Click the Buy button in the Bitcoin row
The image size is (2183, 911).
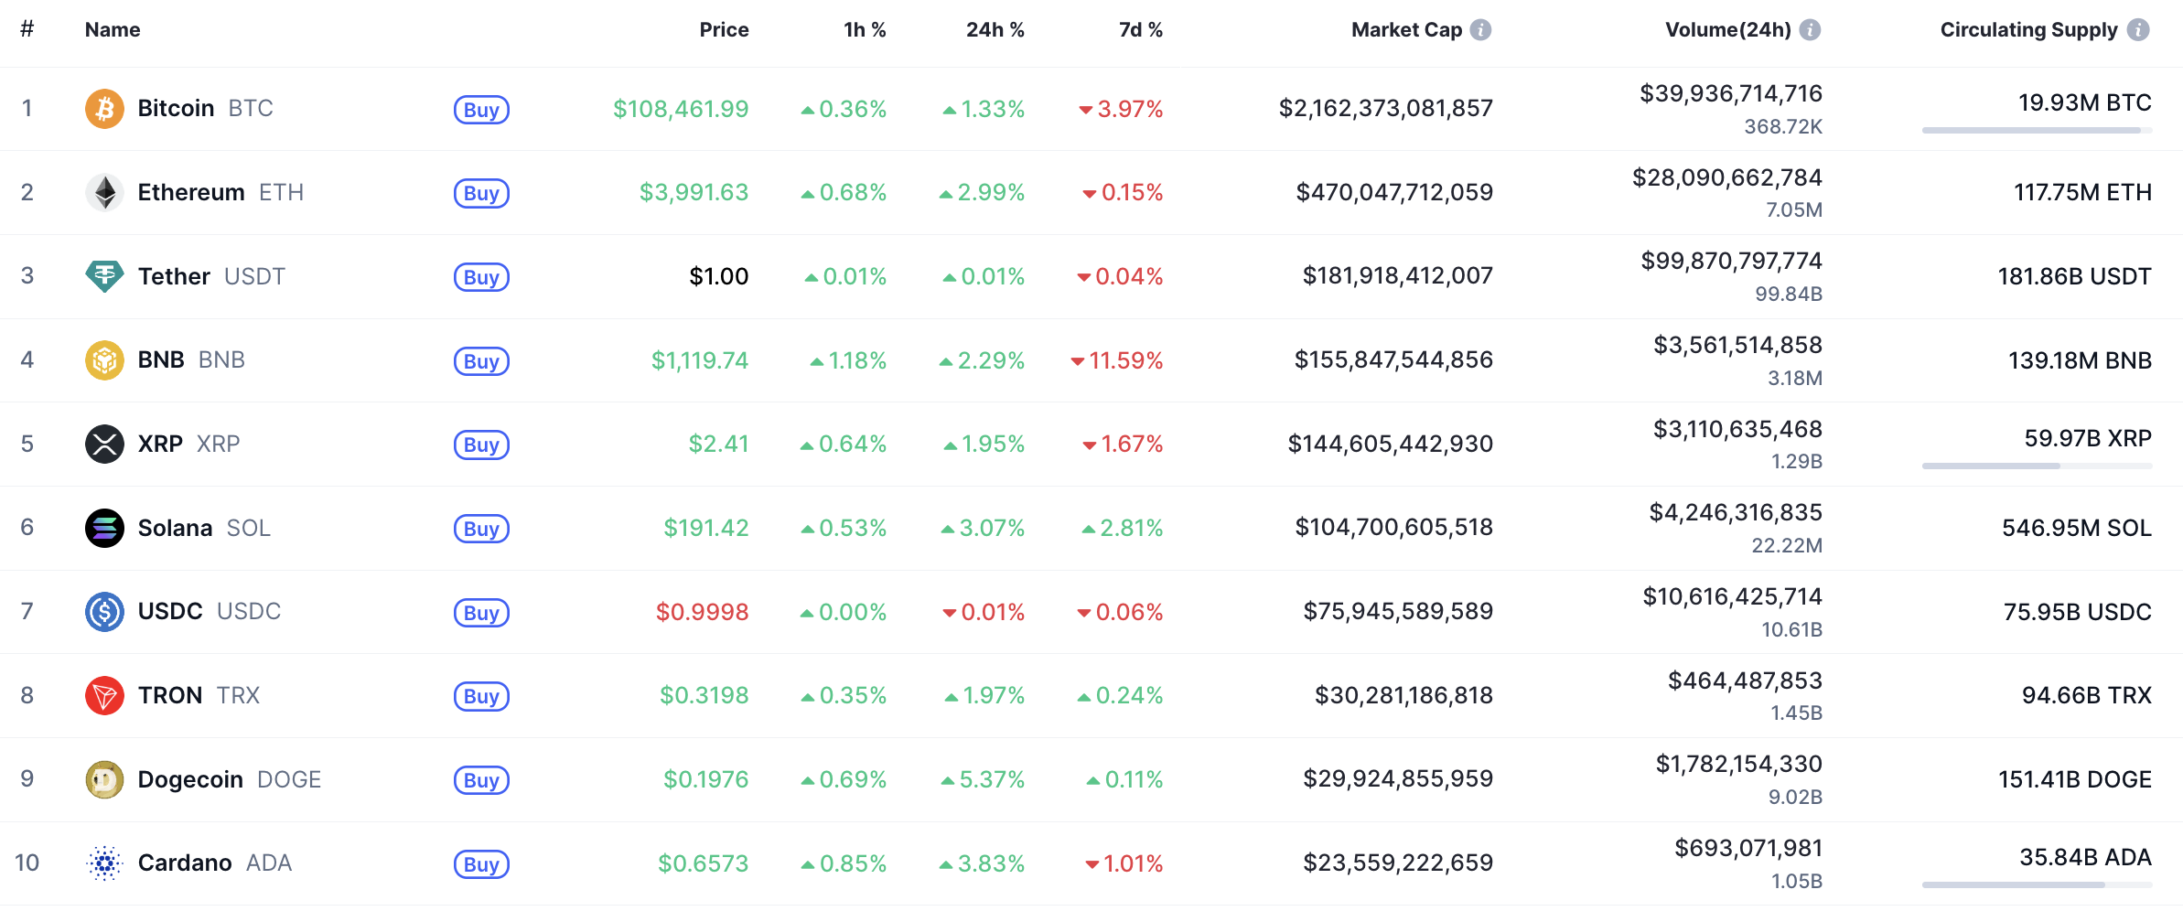pos(481,110)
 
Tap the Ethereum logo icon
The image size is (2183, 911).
pos(104,192)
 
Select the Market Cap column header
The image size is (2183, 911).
pos(1406,30)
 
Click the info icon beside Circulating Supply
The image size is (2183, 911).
pos(2138,30)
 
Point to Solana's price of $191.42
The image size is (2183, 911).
pos(705,528)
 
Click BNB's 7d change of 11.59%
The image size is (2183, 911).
pos(1124,360)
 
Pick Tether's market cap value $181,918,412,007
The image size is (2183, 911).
pos(1397,275)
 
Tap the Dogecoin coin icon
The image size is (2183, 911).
pos(104,779)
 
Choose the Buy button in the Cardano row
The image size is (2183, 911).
pos(481,864)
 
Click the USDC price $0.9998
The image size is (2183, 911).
pos(702,612)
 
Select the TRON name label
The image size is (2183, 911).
pos(170,695)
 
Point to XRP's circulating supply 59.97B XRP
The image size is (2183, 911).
pos(2087,438)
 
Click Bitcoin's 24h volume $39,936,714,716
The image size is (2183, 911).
pos(1730,93)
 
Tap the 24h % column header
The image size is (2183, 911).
pos(995,30)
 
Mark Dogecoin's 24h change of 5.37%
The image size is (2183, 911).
pos(991,779)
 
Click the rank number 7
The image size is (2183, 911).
pos(27,611)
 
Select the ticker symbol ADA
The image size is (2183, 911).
pos(269,863)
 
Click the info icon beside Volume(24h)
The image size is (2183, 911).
pos(1810,30)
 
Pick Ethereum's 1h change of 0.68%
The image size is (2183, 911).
pos(852,192)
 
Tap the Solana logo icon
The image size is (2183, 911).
pos(104,528)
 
